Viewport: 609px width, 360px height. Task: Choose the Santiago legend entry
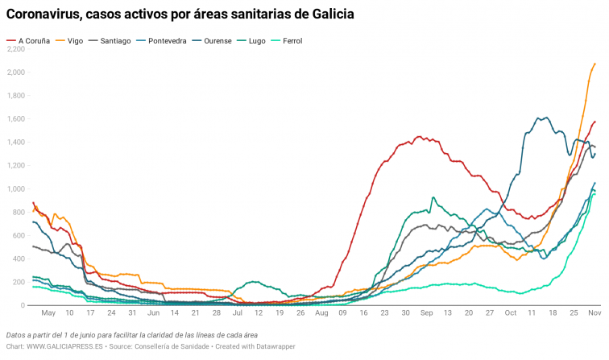[x=116, y=40]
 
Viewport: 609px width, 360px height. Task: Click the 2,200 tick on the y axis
[x=16, y=49]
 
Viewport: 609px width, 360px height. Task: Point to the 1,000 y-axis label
[x=16, y=189]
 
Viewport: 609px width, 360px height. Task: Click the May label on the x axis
[x=48, y=312]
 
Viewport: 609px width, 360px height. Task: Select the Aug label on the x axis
[x=321, y=312]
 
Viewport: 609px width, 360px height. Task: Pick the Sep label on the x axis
[x=427, y=312]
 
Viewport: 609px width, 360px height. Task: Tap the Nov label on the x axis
[x=593, y=312]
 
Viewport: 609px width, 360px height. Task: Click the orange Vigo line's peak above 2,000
[x=594, y=64]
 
